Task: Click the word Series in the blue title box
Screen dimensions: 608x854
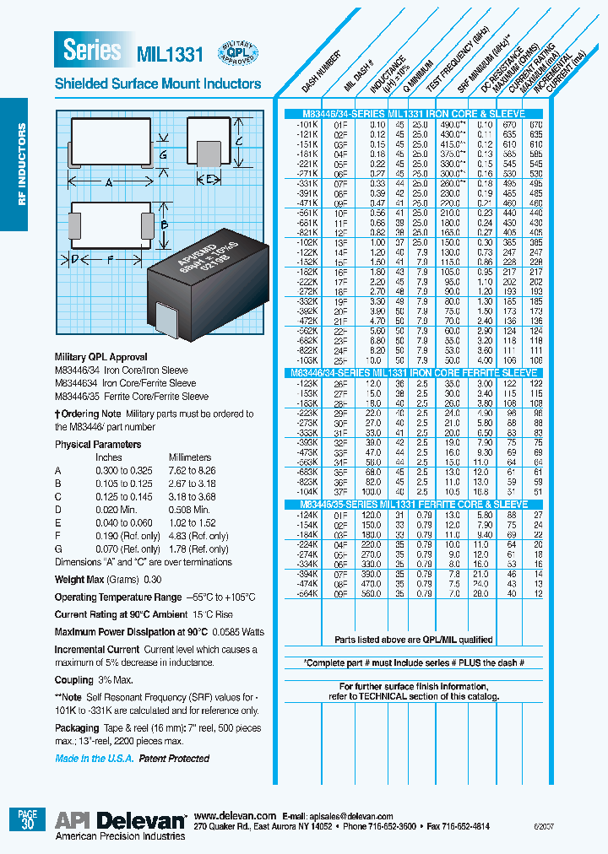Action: click(92, 51)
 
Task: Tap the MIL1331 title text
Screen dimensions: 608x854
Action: click(170, 55)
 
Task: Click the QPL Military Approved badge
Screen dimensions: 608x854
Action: click(238, 52)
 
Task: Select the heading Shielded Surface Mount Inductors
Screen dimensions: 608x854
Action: click(158, 84)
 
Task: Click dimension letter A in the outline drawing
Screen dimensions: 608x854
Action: click(110, 182)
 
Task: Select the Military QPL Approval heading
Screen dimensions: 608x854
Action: click(100, 357)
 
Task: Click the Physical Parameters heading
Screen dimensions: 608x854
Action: click(98, 444)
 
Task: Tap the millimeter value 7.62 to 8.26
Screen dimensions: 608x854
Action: click(192, 470)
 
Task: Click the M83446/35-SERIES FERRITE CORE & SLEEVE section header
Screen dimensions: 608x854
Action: click(414, 503)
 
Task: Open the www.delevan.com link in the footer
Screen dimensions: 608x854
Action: click(235, 816)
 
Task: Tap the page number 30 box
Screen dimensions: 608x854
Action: click(26, 821)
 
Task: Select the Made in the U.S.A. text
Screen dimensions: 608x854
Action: click(94, 759)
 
